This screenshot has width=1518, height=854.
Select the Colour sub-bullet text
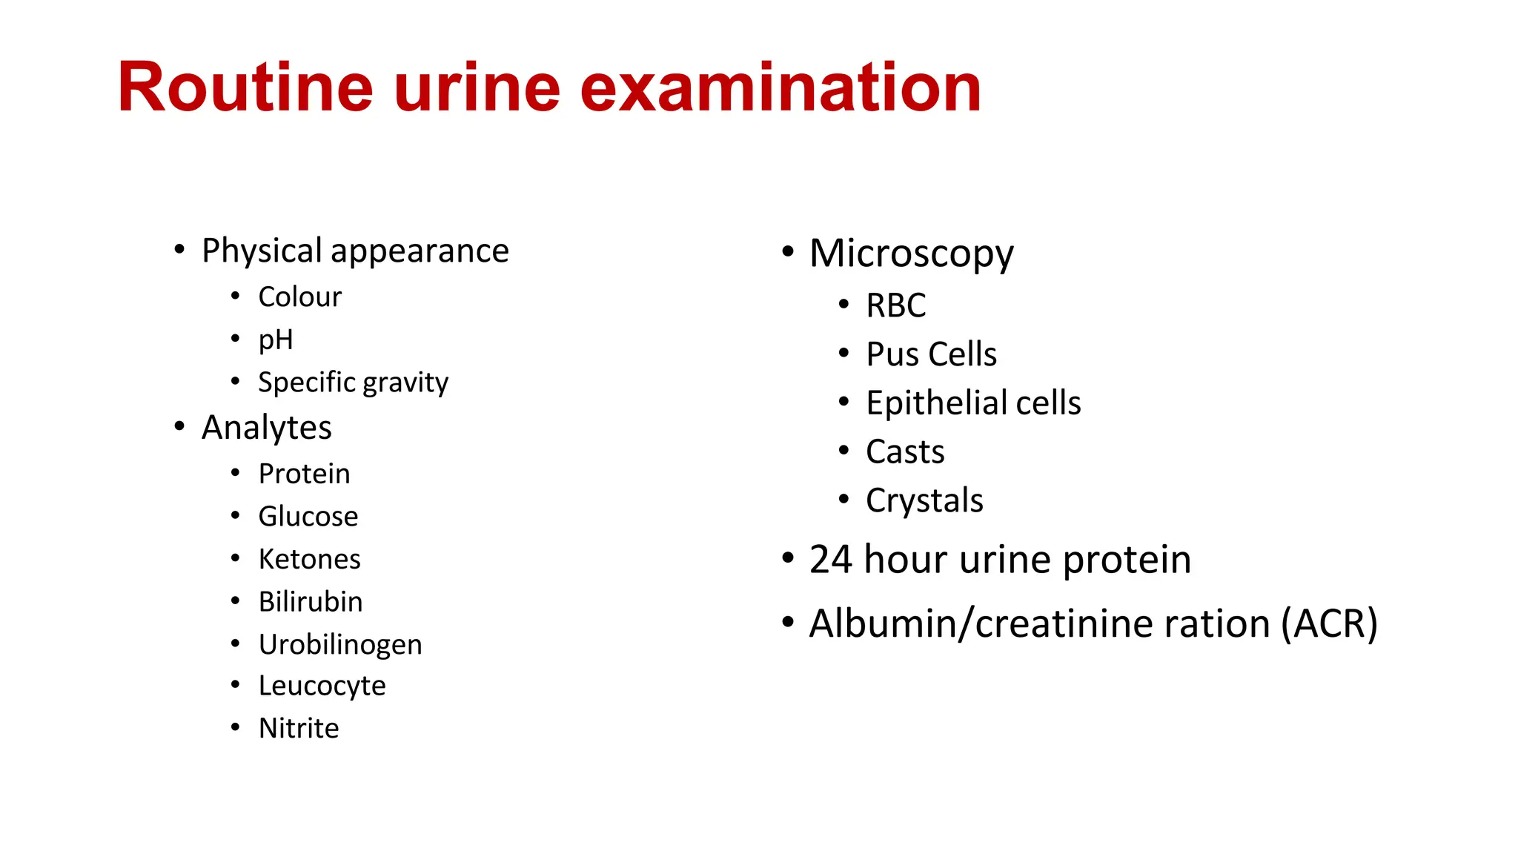[x=299, y=297]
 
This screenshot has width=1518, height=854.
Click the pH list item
[x=276, y=340]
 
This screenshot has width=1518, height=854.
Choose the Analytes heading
[x=267, y=428]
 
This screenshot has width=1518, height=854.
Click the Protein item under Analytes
[x=304, y=474]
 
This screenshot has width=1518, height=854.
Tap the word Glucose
[x=308, y=517]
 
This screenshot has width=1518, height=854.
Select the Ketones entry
[x=309, y=560]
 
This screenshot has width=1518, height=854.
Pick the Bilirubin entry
[x=311, y=602]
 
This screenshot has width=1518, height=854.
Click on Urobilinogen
[x=340, y=645]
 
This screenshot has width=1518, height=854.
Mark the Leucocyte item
[x=322, y=686]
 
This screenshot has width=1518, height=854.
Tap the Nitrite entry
[x=299, y=729]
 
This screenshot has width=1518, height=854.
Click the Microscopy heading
[x=911, y=254]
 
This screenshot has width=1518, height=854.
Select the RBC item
[x=895, y=305]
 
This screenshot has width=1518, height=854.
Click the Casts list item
[x=905, y=452]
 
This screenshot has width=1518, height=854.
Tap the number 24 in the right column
[x=830, y=560]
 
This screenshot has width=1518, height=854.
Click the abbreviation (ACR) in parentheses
[x=1329, y=623]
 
